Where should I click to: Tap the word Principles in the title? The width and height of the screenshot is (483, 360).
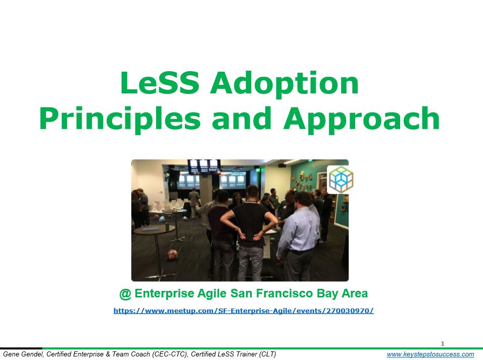[120, 119]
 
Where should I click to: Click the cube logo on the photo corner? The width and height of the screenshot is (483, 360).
[341, 180]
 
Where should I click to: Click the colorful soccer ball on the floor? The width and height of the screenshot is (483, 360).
[172, 254]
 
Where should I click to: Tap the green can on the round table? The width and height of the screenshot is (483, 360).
[167, 226]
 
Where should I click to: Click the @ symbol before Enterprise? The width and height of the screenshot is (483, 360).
[125, 294]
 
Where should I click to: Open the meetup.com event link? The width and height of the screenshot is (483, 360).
[244, 311]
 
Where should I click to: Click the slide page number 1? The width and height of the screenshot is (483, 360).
[443, 343]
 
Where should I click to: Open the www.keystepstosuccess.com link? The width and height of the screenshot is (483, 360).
[430, 354]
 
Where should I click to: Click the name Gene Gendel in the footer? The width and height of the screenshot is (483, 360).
[23, 354]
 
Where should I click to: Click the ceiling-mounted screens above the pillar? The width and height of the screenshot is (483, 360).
[204, 167]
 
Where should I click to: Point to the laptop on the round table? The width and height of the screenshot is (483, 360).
[151, 229]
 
